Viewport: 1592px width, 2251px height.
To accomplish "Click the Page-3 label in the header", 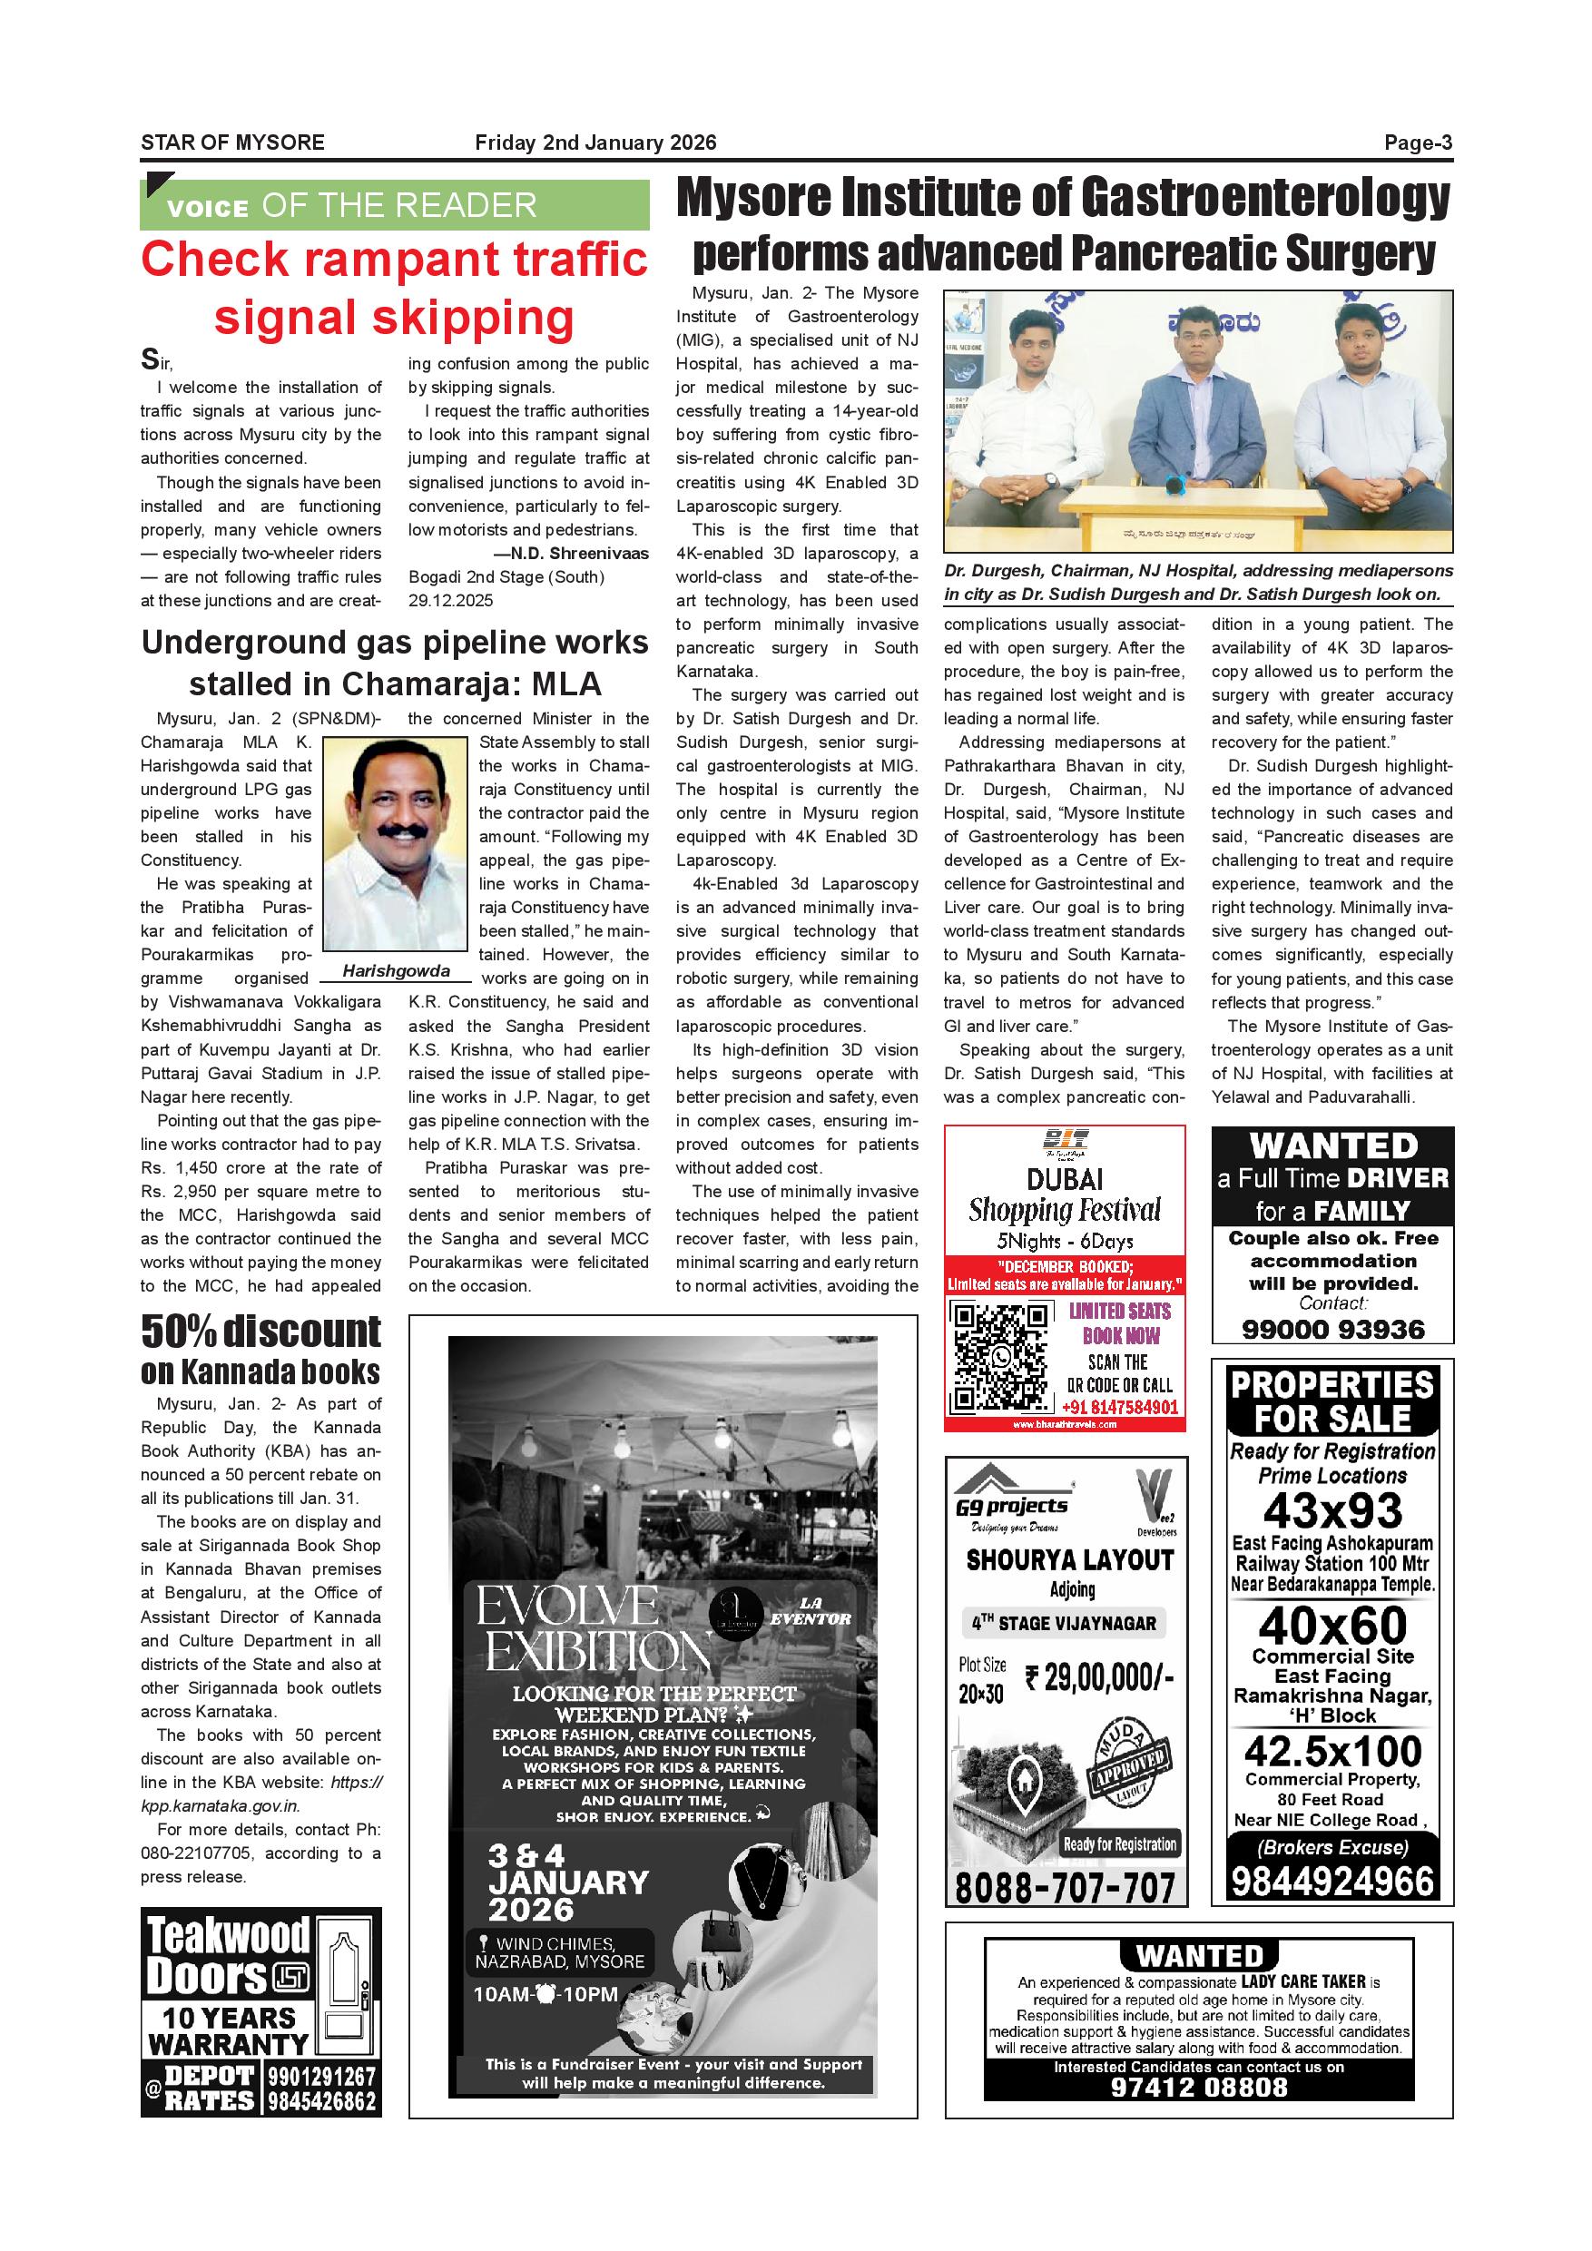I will point(1418,143).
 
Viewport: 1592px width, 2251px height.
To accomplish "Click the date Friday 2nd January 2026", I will point(595,143).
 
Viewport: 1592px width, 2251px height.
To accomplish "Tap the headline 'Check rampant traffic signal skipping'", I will point(394,289).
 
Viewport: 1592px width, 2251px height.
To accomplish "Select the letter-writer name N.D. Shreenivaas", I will point(579,553).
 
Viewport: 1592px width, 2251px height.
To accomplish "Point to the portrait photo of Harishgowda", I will point(395,844).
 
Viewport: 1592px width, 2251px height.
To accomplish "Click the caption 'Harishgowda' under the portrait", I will point(396,971).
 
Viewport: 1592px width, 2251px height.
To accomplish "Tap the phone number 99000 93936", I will point(1332,1330).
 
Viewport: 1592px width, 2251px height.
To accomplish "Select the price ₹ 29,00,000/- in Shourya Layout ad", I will point(1099,1677).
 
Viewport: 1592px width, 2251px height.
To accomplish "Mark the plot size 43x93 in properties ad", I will point(1332,1512).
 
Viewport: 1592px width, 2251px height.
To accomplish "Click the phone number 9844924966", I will point(1332,1882).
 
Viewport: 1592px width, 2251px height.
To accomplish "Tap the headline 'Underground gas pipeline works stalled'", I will point(394,663).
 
